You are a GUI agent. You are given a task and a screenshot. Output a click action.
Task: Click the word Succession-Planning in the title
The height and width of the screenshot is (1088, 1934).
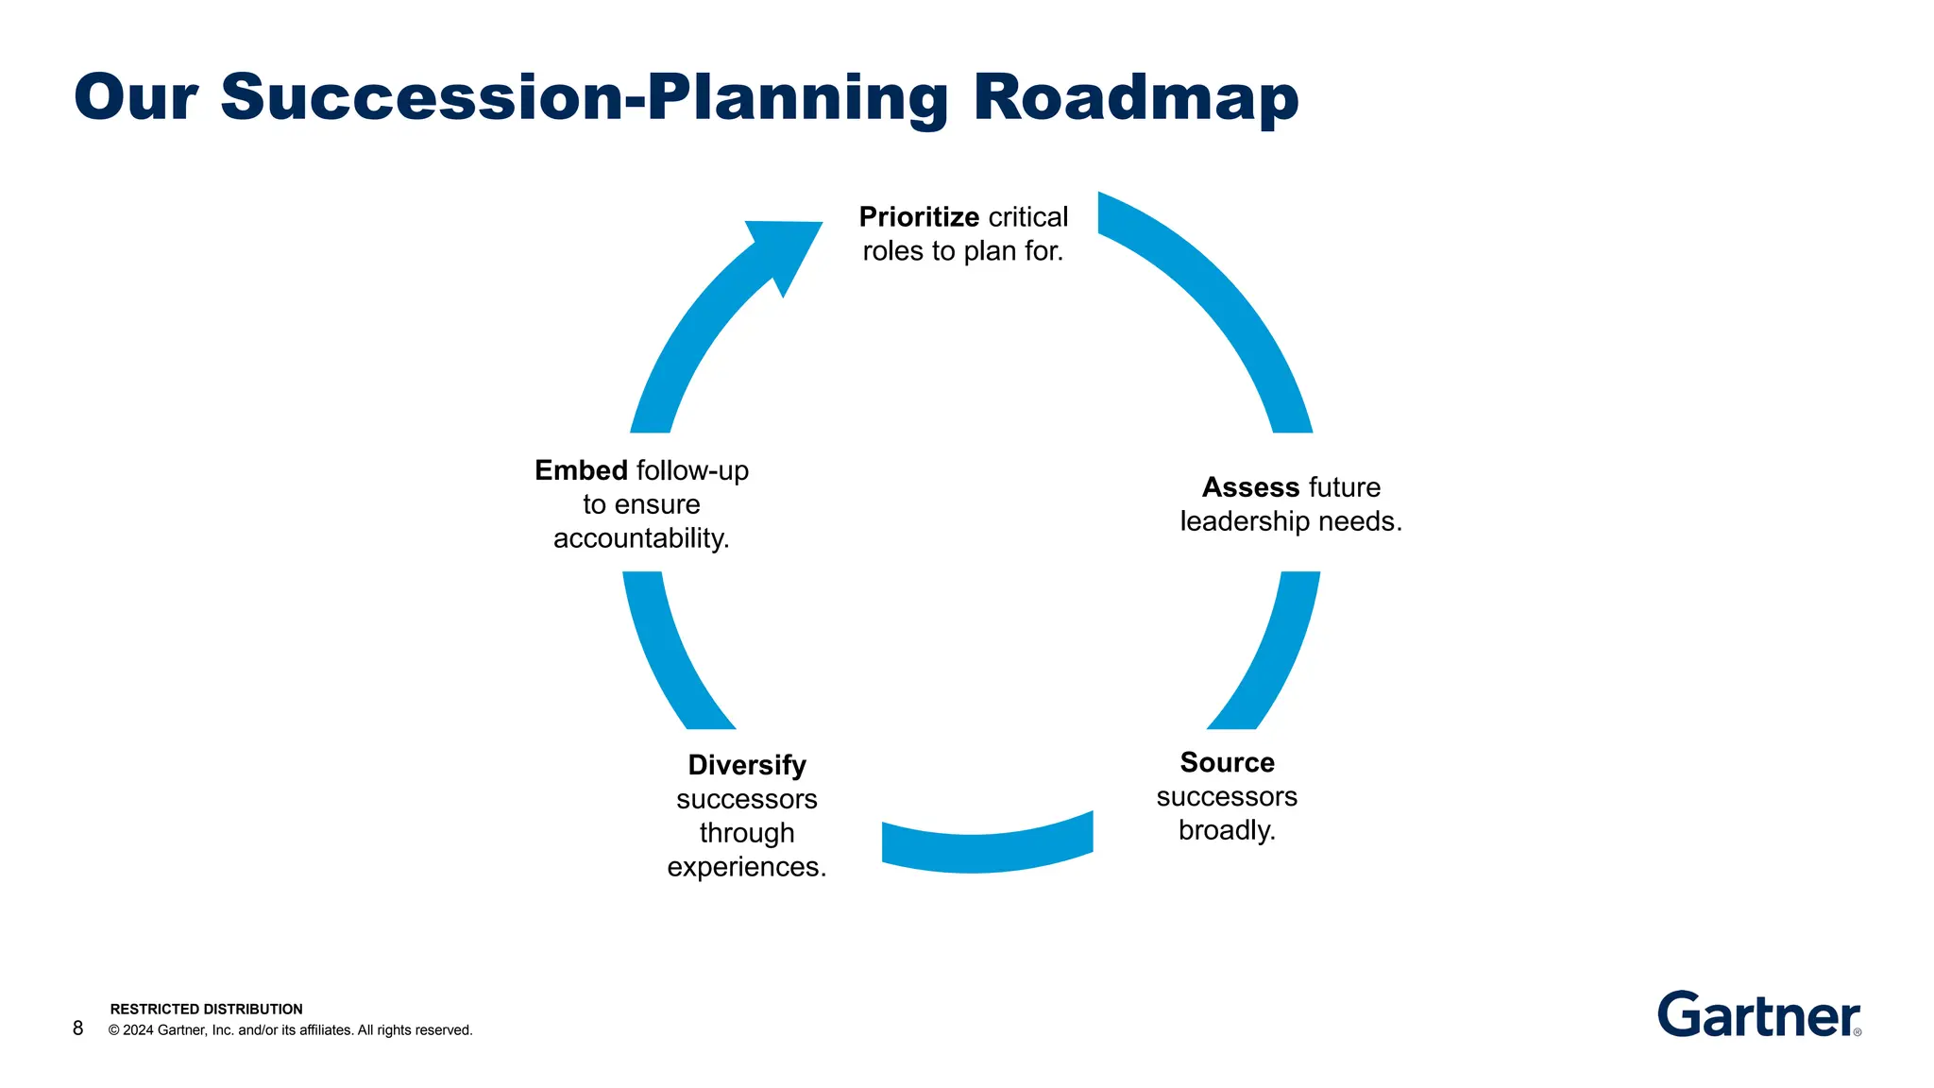585,98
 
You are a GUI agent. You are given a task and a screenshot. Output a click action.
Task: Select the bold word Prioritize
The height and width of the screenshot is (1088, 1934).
918,217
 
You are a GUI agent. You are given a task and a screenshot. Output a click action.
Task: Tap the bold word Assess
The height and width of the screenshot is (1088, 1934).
1250,487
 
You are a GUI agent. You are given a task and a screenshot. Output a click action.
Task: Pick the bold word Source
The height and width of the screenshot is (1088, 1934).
1227,762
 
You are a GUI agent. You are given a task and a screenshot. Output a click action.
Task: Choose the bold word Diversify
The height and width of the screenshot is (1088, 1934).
746,765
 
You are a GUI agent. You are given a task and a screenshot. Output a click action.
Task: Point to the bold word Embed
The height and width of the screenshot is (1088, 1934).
581,470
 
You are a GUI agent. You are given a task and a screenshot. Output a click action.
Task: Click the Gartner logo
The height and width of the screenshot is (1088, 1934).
1758,1015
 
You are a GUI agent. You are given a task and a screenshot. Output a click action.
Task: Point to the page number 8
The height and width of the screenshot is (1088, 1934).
77,1028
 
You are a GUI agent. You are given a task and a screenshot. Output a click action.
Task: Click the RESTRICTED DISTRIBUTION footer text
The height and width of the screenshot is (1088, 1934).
206,1009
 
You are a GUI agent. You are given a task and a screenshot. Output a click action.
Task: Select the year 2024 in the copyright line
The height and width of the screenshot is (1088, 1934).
138,1030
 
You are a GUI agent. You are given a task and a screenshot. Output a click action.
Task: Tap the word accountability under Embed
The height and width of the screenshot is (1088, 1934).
641,538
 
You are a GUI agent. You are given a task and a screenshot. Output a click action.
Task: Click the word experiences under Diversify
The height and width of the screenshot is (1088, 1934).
746,867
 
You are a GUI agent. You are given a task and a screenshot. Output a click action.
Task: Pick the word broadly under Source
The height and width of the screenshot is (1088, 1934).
1227,830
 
